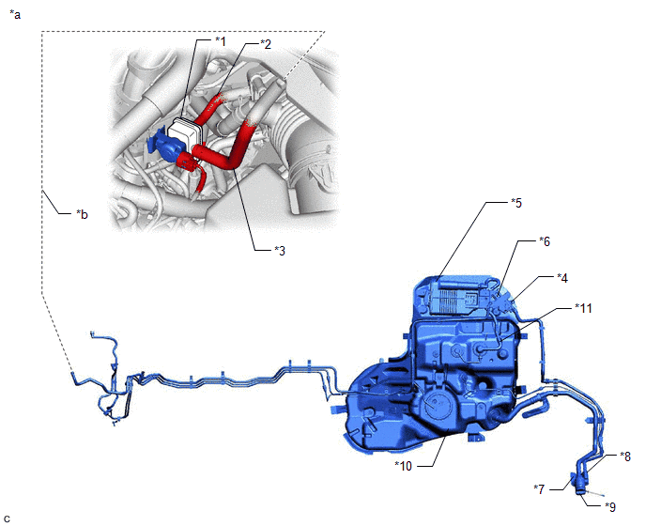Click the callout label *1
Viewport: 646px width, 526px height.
point(221,40)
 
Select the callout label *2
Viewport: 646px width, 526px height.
point(266,44)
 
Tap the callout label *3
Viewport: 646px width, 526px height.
point(280,250)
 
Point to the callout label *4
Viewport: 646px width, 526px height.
point(562,278)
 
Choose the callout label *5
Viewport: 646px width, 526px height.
point(516,203)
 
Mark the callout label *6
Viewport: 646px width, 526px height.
point(545,241)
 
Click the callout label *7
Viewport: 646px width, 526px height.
point(539,489)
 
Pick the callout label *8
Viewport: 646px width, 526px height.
point(625,456)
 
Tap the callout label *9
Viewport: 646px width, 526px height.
point(610,506)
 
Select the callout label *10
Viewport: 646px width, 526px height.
point(404,466)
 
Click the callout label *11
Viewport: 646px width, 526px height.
point(583,308)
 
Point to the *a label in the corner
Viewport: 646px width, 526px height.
point(15,15)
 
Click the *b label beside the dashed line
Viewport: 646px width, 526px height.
point(82,214)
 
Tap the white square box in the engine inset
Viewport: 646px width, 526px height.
point(183,133)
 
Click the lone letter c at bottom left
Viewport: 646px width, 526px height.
point(6,518)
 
